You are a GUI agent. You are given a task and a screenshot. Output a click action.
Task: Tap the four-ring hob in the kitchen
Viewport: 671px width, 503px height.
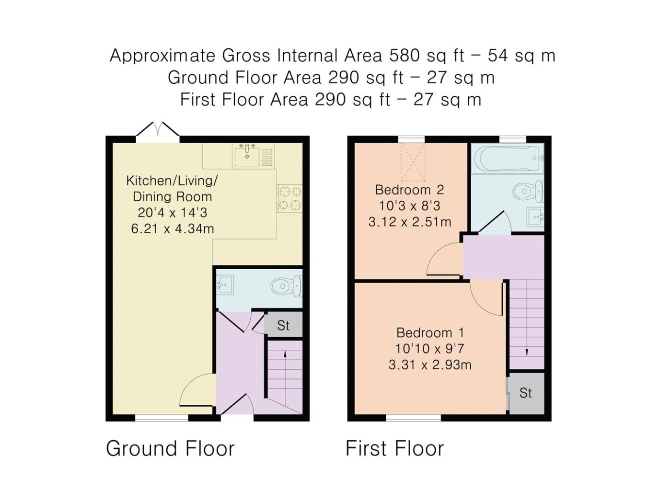click(289, 198)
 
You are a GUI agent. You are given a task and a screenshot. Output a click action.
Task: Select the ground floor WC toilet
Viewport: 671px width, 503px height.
click(287, 286)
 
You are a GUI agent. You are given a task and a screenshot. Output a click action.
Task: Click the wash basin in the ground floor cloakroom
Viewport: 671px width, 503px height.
click(225, 285)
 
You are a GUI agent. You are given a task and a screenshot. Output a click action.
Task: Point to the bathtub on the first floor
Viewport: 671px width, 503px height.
click(508, 159)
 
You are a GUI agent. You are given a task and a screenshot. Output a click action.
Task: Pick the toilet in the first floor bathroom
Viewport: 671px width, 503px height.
click(528, 191)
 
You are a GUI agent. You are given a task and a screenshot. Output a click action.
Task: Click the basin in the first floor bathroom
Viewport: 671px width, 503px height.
click(535, 217)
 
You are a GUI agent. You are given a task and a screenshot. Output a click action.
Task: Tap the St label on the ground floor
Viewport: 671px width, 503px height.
click(283, 326)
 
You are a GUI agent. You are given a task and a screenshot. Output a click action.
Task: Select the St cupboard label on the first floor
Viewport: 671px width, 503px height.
click(525, 393)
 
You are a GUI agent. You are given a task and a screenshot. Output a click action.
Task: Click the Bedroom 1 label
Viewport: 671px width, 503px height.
click(430, 333)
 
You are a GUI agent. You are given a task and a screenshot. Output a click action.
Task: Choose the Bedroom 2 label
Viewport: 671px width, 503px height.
click(409, 190)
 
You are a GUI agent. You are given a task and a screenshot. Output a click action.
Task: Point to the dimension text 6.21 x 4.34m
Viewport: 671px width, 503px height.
click(173, 229)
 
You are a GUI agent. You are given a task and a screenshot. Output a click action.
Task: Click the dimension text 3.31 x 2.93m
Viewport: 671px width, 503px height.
click(430, 365)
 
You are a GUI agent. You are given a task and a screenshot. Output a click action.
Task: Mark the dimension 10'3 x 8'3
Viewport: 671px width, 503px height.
click(409, 206)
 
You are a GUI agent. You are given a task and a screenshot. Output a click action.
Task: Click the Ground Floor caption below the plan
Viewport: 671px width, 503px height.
click(170, 449)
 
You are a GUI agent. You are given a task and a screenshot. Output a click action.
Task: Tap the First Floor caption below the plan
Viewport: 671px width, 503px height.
click(394, 449)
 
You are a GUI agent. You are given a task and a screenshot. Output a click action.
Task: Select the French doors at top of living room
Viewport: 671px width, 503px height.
click(158, 132)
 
